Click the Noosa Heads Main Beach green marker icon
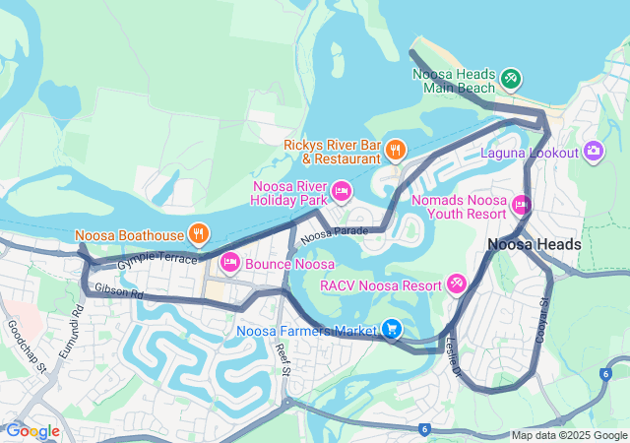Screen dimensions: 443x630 [x=510, y=78]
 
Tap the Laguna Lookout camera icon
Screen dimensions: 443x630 [x=593, y=151]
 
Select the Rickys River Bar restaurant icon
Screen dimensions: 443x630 [x=395, y=150]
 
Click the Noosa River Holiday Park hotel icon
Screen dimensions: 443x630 [x=342, y=191]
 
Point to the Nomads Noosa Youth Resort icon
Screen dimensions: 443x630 [x=521, y=205]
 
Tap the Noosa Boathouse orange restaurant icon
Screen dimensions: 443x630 [x=198, y=234]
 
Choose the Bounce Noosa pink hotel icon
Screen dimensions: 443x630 [x=230, y=262]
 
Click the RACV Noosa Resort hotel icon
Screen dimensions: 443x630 [x=456, y=285]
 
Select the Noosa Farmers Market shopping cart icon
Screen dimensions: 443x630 [x=392, y=329]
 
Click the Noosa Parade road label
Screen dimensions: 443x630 [x=334, y=234]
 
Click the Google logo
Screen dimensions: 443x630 [x=32, y=430]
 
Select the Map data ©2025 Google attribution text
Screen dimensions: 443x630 [x=569, y=435]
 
